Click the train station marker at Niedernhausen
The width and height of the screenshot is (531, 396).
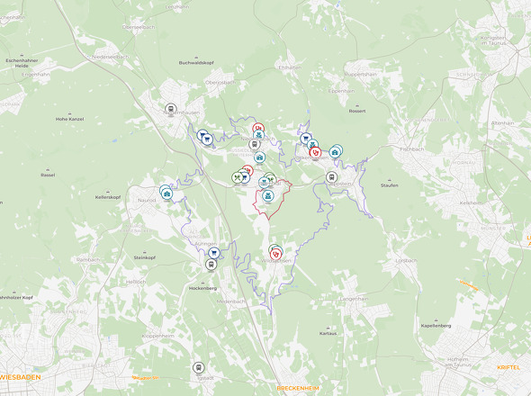click(x=170, y=110)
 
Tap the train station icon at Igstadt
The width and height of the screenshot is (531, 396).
click(x=199, y=368)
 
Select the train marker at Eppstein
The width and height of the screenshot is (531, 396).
click(x=331, y=177)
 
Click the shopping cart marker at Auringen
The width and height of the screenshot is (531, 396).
click(x=213, y=254)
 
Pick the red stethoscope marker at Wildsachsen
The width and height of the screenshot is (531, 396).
click(x=276, y=253)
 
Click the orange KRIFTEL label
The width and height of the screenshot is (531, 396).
click(x=509, y=368)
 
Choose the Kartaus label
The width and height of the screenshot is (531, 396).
click(x=328, y=333)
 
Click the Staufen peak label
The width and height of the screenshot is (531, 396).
click(x=390, y=184)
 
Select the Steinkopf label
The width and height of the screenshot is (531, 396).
click(x=145, y=257)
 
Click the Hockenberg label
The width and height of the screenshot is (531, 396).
click(x=202, y=288)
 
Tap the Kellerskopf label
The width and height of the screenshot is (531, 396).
click(x=107, y=196)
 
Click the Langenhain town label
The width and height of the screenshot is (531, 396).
click(x=354, y=298)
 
